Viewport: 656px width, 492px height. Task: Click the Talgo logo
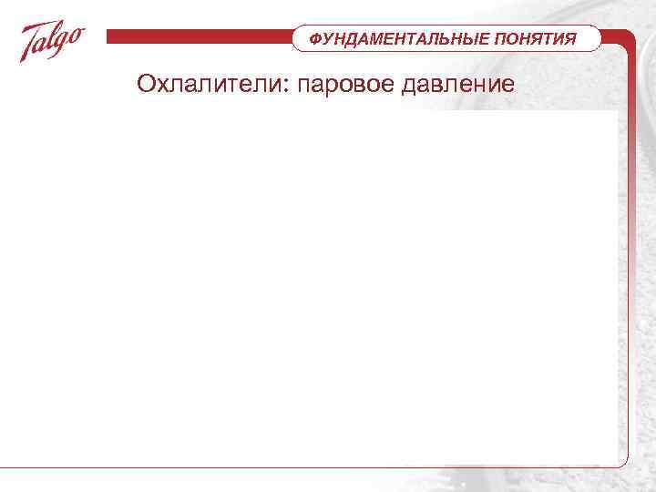53,42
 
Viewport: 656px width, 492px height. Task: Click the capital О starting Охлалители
146,85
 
